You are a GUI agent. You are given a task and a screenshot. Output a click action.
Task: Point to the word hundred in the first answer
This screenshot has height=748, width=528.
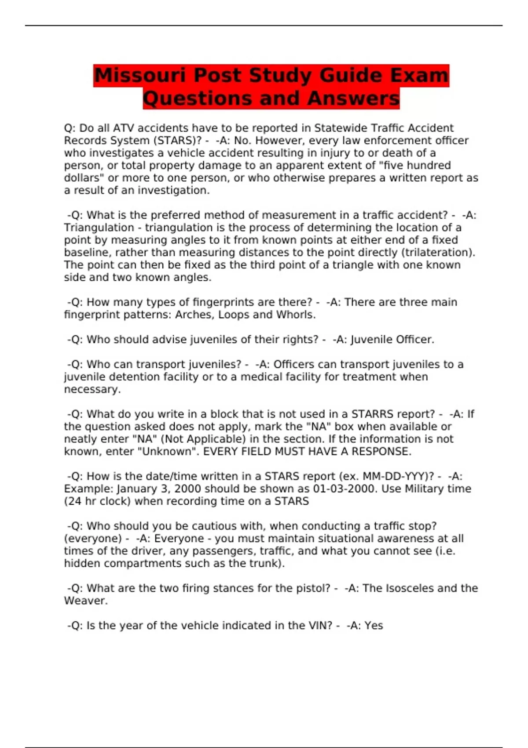click(425, 165)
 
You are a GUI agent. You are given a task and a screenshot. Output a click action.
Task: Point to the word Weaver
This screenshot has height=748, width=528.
click(86, 601)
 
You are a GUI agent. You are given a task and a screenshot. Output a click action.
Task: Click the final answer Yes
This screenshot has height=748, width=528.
click(374, 626)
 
